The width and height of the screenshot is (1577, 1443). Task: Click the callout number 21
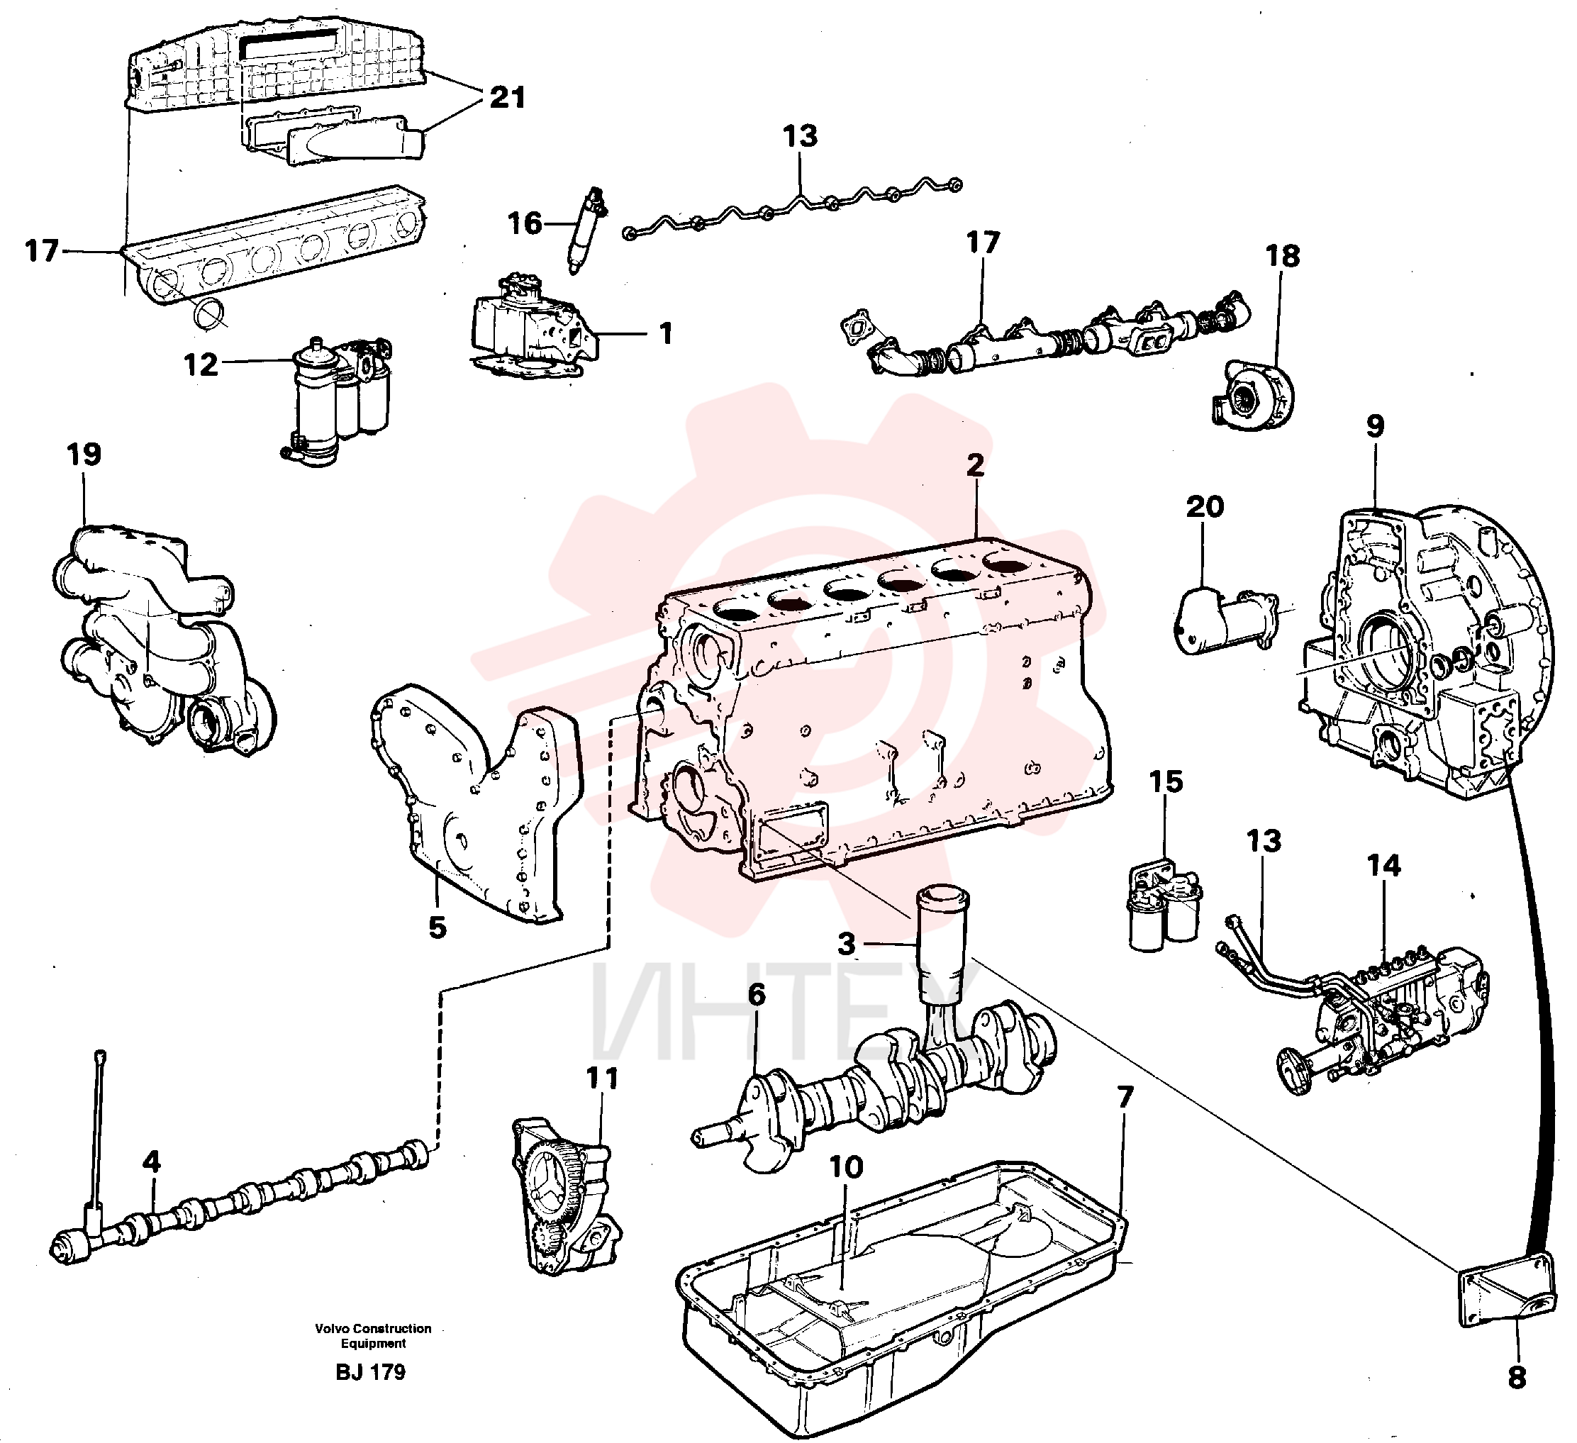tap(508, 98)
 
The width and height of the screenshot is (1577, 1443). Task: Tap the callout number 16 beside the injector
tap(525, 223)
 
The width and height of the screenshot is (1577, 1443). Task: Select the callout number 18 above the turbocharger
tap(1283, 256)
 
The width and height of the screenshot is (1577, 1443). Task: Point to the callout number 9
tap(1375, 426)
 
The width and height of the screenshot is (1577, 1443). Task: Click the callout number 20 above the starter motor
tap(1205, 507)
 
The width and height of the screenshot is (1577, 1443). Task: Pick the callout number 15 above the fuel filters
tap(1166, 781)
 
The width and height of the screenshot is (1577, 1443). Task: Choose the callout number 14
tap(1384, 866)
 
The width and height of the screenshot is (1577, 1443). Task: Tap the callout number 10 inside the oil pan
tap(846, 1167)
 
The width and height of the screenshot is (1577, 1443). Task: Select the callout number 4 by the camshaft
tap(152, 1161)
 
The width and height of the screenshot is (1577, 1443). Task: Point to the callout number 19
tap(84, 455)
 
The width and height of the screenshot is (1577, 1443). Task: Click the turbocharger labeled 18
tap(1252, 394)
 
